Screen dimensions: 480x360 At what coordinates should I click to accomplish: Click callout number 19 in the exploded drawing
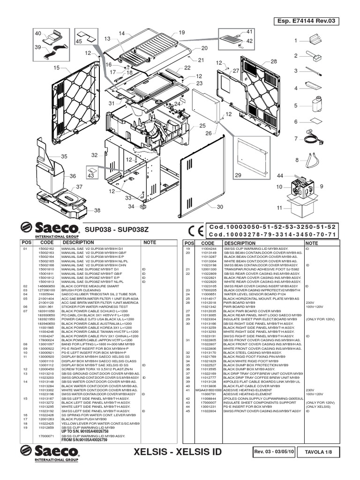181,33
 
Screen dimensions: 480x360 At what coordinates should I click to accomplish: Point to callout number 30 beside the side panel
220,207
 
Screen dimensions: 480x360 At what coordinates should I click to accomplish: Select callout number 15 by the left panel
57,68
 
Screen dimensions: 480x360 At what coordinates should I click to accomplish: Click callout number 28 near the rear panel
273,61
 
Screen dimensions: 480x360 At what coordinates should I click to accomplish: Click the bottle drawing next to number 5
316,105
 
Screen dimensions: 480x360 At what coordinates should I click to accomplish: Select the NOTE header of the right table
312,243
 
